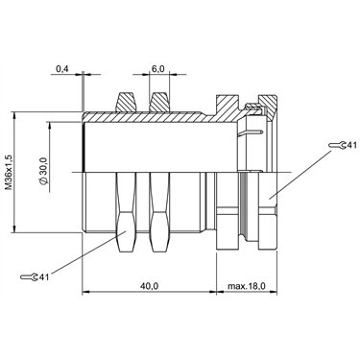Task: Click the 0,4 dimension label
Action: [62, 68]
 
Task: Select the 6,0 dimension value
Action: [157, 68]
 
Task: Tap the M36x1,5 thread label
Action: [9, 173]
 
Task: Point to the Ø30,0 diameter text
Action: [44, 171]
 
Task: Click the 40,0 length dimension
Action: [149, 286]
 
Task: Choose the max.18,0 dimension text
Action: [247, 286]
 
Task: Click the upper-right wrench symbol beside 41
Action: [337, 145]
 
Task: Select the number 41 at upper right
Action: [351, 145]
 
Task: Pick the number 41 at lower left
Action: [44, 277]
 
